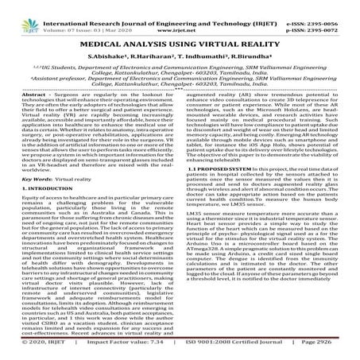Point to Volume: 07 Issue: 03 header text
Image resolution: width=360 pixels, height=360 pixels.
click(79, 14)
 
